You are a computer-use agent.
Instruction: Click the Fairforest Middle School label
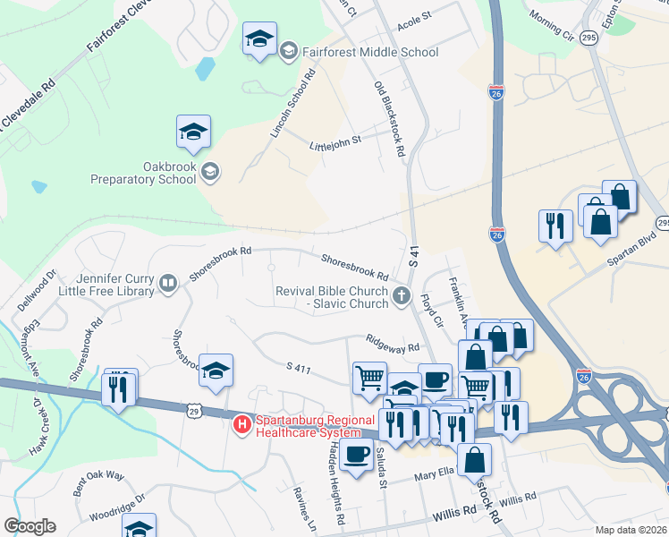tap(369, 52)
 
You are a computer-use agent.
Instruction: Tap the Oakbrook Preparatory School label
tap(143, 172)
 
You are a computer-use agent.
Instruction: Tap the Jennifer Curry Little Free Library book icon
tap(167, 284)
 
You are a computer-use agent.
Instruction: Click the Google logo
tap(30, 526)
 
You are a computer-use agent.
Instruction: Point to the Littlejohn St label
tap(334, 141)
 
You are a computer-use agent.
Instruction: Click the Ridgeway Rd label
tap(393, 345)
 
